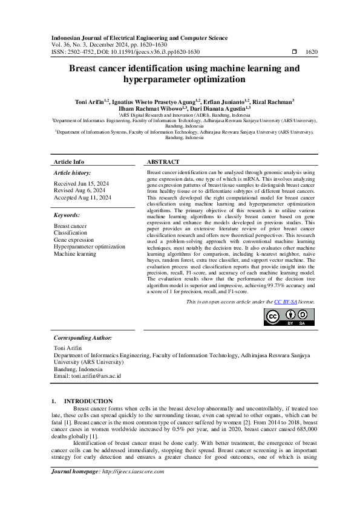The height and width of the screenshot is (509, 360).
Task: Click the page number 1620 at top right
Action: click(312, 53)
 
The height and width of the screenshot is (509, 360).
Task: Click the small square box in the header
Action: click(294, 53)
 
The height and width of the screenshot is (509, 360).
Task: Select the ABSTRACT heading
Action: click(163, 162)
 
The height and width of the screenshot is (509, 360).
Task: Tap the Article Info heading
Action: click(69, 162)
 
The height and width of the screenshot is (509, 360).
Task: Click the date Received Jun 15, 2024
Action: click(82, 183)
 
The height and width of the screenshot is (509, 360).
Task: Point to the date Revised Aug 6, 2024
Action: click(80, 190)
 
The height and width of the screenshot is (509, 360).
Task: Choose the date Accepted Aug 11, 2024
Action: click(82, 198)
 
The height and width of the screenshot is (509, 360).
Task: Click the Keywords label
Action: click(67, 215)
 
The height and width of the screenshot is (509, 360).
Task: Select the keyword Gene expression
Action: click(74, 239)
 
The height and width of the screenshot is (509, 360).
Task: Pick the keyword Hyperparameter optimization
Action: click(90, 247)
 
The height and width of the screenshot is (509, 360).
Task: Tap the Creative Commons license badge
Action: click(290, 317)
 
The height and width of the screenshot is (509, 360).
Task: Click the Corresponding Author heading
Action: click(83, 338)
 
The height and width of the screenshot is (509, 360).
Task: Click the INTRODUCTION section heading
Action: click(88, 401)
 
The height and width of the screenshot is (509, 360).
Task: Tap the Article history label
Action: click(73, 173)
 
